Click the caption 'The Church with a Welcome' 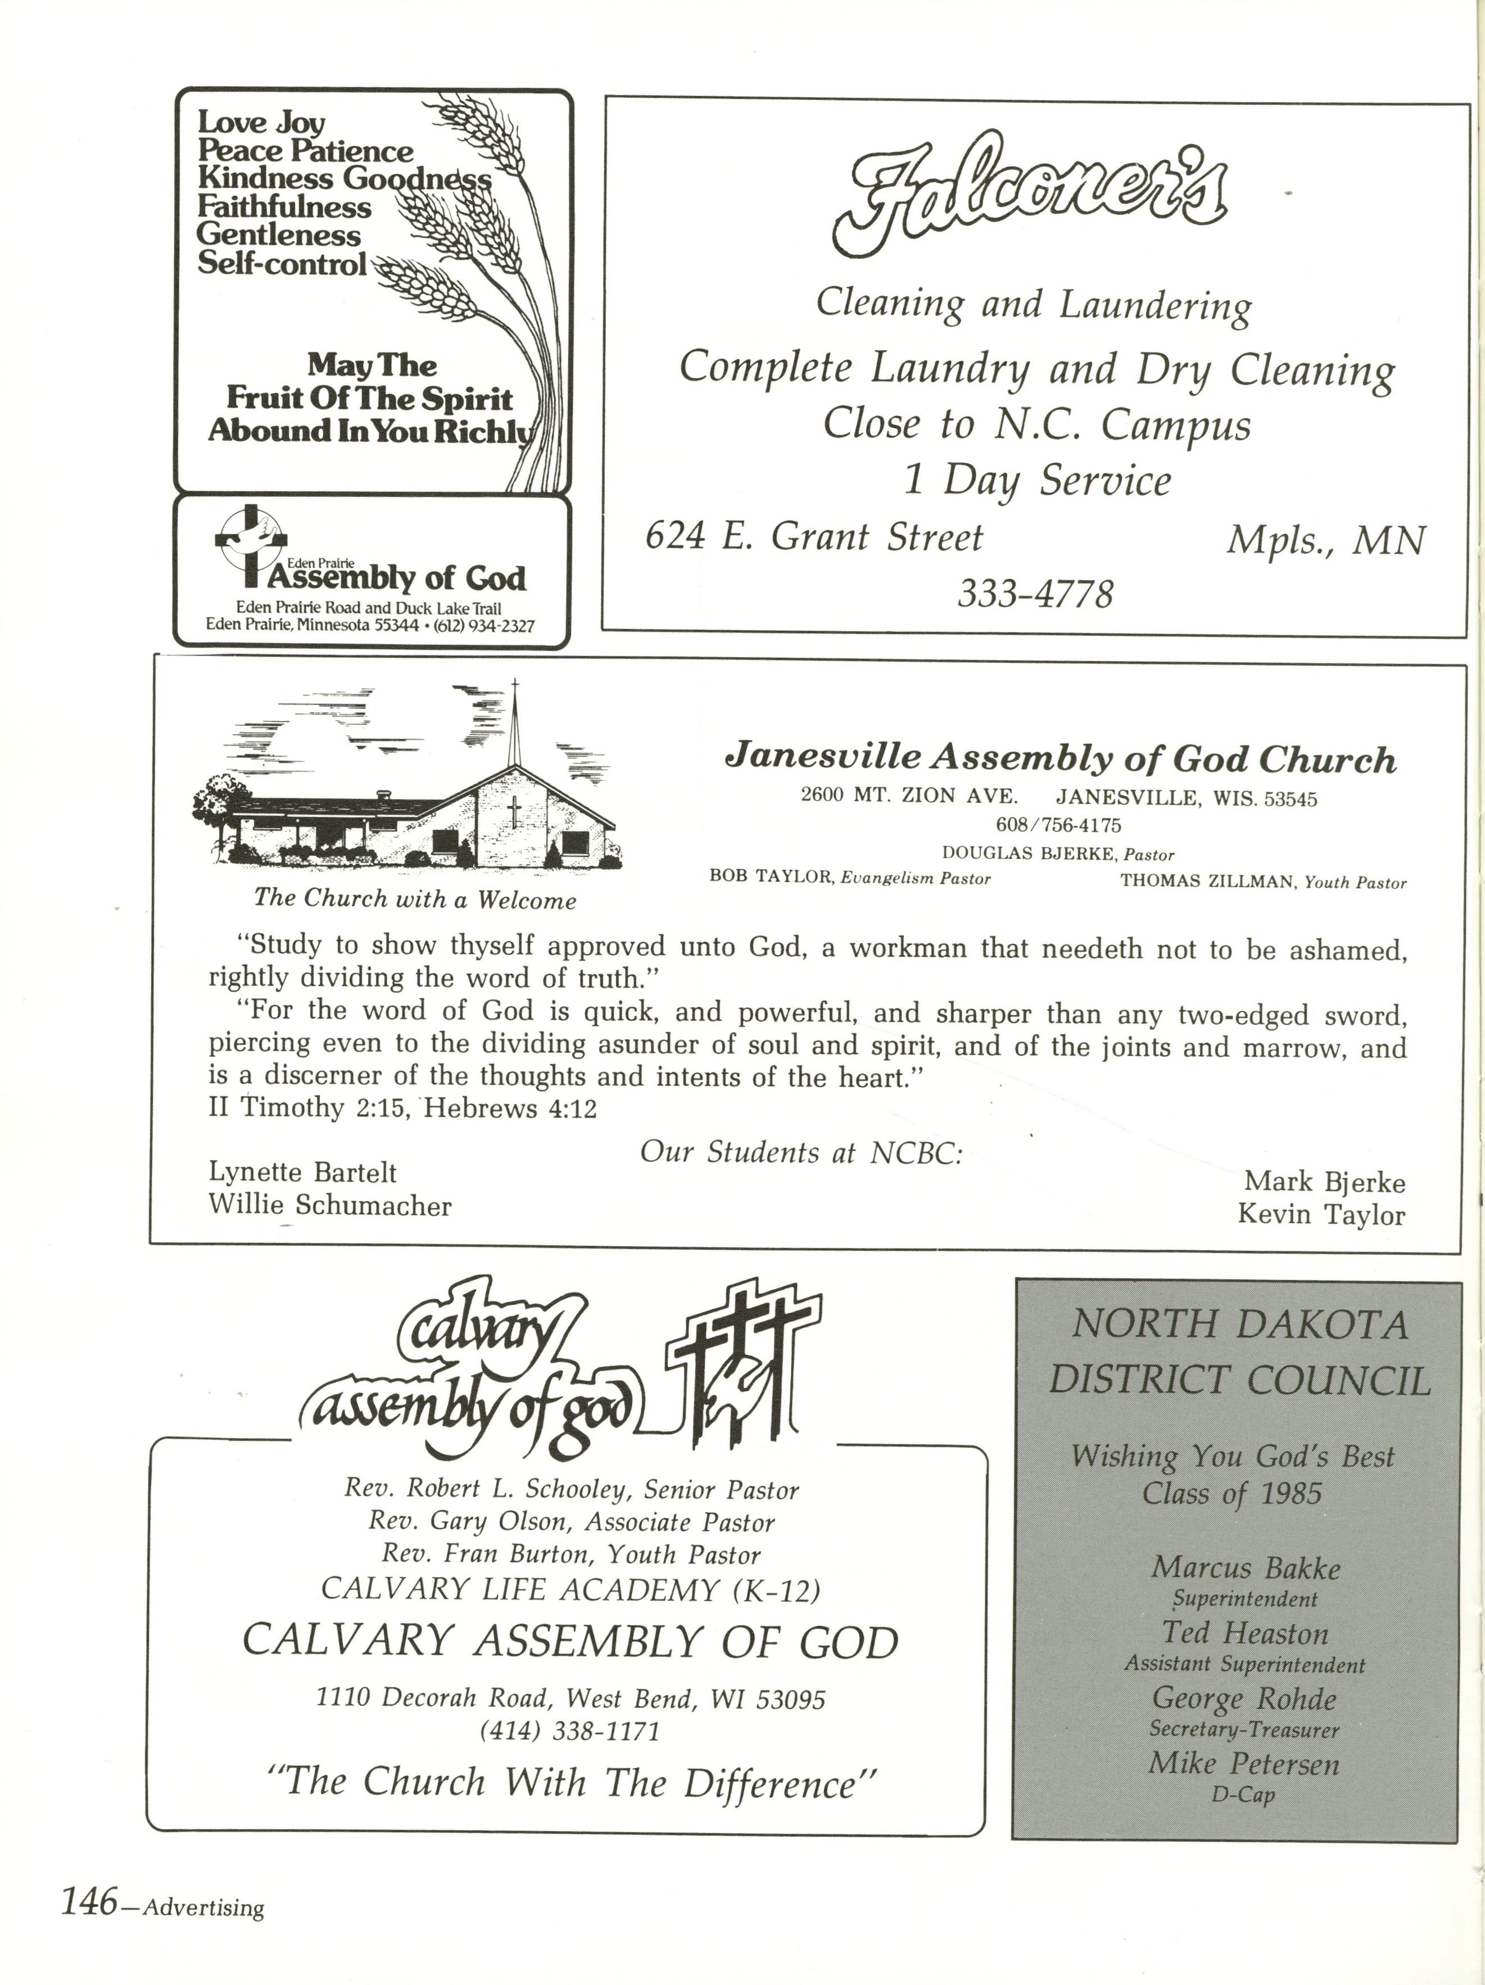tap(415, 898)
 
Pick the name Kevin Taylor tap(1321, 1215)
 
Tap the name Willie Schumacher tap(329, 1205)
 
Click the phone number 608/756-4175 tap(1058, 825)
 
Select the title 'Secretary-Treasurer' tap(1244, 1729)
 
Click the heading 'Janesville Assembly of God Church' tap(1060, 759)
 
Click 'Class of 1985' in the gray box tap(1232, 1493)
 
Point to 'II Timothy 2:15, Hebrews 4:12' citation tap(402, 1108)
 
